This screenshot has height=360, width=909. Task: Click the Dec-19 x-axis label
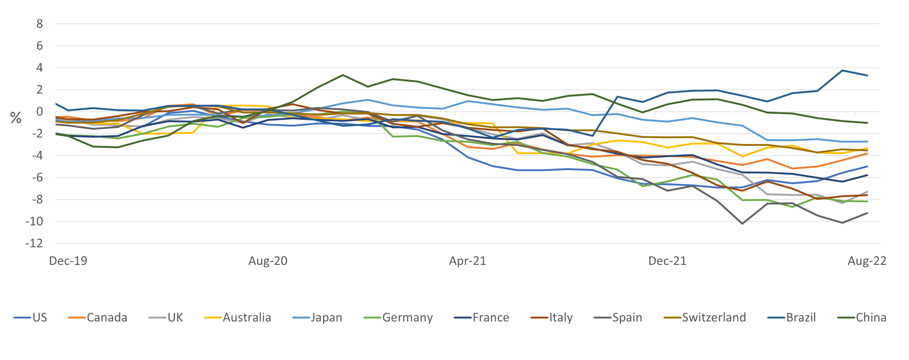point(69,261)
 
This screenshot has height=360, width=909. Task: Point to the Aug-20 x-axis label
point(268,261)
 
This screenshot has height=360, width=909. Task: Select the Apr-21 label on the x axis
point(468,261)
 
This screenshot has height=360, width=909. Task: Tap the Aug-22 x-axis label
point(867,261)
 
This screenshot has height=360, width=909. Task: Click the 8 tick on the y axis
point(40,24)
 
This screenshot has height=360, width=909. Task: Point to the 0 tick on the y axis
point(40,112)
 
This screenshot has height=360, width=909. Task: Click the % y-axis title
point(17,116)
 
